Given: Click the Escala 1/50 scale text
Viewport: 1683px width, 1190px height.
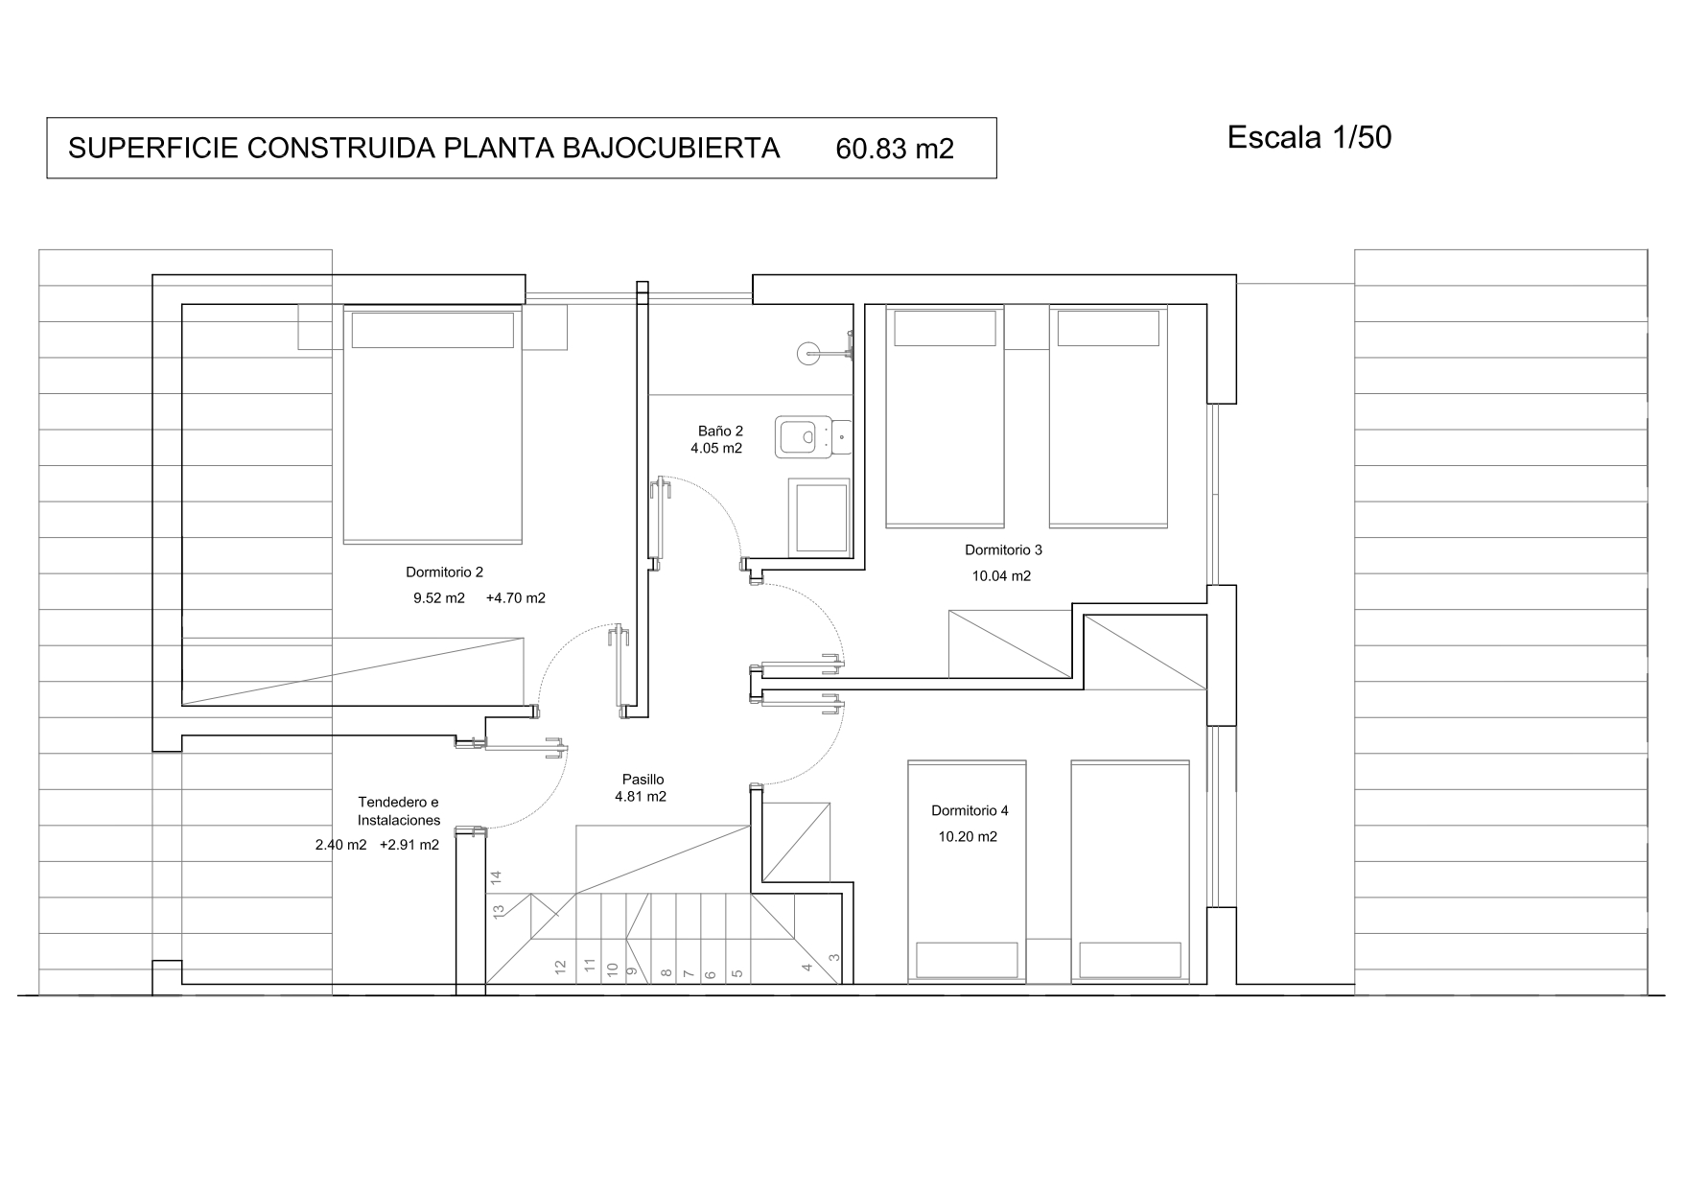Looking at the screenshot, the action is (1309, 138).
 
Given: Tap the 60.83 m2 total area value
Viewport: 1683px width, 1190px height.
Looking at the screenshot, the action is (895, 149).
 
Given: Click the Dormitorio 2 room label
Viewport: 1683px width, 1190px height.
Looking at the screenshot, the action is (444, 572).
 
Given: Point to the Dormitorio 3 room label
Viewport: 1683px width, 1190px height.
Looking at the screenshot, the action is (1003, 550).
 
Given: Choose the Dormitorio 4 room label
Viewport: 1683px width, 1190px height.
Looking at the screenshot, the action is (970, 811).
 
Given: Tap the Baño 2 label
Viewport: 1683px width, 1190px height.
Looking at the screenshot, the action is (720, 432).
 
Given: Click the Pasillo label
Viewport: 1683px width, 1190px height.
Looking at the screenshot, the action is (641, 780).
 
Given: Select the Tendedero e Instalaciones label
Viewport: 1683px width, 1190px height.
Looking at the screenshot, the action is (399, 811).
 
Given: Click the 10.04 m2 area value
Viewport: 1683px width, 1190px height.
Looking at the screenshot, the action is (1002, 576).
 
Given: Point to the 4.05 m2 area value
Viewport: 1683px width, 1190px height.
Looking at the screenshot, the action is (716, 448).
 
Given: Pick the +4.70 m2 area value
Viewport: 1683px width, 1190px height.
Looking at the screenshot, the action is (516, 598).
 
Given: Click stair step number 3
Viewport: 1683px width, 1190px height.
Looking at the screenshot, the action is (834, 957).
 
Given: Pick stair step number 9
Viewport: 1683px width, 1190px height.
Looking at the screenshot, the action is (632, 970).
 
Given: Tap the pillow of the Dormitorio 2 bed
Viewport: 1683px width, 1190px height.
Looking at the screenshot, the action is (432, 330).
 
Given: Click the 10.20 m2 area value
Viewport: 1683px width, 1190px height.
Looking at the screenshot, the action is (968, 837).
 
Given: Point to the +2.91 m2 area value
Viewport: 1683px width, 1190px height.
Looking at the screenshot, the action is (409, 846).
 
